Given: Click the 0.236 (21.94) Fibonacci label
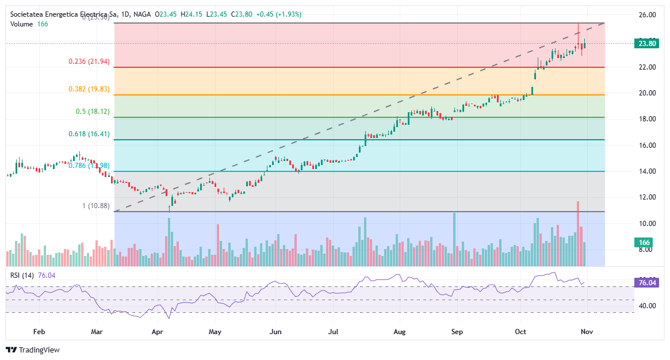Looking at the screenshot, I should [89, 62].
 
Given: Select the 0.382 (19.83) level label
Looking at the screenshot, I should [89, 89].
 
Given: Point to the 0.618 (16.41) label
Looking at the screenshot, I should [89, 134].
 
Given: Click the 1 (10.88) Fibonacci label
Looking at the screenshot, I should [95, 206].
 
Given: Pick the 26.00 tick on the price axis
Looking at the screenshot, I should [648, 15].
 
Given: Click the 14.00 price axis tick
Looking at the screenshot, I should [648, 171].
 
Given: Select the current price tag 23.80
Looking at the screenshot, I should [647, 43].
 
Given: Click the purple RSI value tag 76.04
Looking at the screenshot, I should [647, 282].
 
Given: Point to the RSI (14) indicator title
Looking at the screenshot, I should [22, 275].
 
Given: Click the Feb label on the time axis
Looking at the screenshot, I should [39, 332].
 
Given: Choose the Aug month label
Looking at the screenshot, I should [400, 332].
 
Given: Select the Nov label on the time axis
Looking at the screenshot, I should [587, 332].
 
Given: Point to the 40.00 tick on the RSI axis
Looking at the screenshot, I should [648, 306].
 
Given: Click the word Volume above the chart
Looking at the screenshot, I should [22, 24].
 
